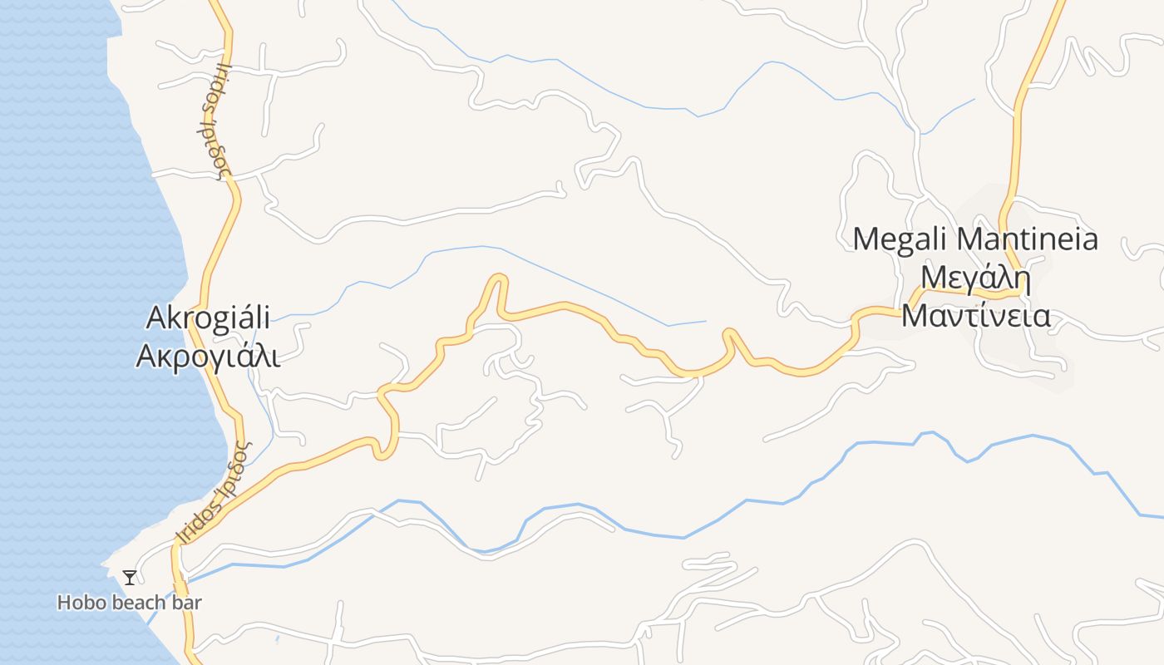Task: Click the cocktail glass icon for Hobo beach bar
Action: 130,577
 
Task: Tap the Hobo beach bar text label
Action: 130,603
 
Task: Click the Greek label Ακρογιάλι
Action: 208,355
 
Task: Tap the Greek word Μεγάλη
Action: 976,278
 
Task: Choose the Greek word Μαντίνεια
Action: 976,316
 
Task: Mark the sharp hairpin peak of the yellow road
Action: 499,278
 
